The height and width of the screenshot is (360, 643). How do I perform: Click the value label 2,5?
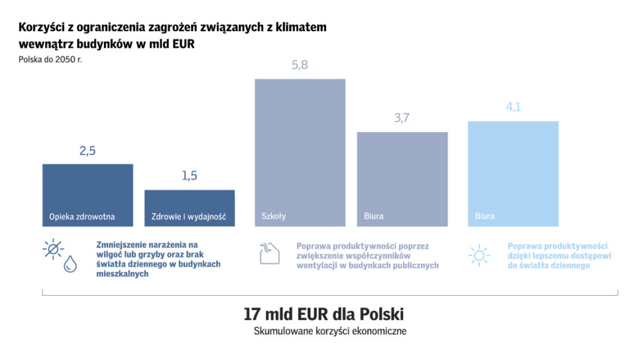88,151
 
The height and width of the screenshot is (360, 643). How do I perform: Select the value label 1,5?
190,176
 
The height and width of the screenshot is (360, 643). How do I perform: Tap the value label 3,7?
402,118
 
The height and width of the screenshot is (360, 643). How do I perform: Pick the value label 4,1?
513,107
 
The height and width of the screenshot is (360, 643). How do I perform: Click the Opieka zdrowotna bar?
88,195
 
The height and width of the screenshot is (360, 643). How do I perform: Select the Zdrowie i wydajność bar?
190,208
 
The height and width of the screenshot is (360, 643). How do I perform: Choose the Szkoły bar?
300,152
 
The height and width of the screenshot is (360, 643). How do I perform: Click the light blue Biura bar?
513,174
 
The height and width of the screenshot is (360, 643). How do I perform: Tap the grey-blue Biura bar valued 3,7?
402,179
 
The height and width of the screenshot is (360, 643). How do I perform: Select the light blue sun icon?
479,256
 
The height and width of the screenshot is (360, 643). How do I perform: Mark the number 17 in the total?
251,314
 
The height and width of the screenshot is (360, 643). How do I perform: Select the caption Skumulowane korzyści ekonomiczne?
330,331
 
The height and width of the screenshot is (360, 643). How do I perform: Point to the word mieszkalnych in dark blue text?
121,274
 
